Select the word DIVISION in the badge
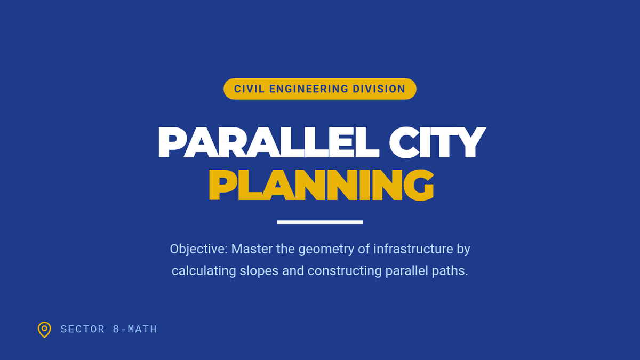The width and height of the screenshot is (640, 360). click(x=379, y=89)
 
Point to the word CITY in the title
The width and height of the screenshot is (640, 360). click(x=437, y=142)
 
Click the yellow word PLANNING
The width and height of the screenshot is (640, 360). click(x=322, y=185)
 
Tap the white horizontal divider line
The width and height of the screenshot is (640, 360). click(x=319, y=222)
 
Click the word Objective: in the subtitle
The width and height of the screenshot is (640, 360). click(x=198, y=249)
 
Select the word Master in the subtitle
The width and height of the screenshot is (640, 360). click(x=252, y=249)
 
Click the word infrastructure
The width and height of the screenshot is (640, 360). click(x=413, y=249)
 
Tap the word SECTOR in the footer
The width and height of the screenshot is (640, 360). click(x=83, y=330)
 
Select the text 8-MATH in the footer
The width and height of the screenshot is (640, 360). click(x=135, y=330)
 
